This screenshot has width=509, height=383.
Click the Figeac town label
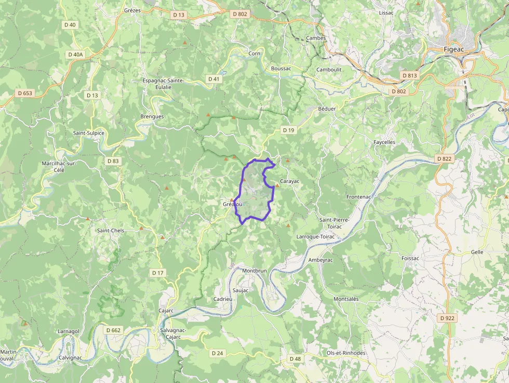pyautogui.click(x=453, y=49)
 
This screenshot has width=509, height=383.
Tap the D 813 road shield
pyautogui.click(x=409, y=75)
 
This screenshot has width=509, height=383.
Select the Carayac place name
pyautogui.click(x=290, y=181)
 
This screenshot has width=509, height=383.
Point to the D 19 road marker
pyautogui.click(x=288, y=130)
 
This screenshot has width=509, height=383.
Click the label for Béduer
pyautogui.click(x=327, y=109)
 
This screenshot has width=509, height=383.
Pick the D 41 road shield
pyautogui.click(x=213, y=79)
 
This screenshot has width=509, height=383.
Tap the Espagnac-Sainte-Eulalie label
pyautogui.click(x=163, y=84)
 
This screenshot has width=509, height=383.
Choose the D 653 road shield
pyautogui.click(x=24, y=94)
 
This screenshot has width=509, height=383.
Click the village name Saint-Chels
pyautogui.click(x=111, y=230)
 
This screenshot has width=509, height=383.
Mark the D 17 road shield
pyautogui.click(x=158, y=273)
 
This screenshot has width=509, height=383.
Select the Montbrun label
pyautogui.click(x=254, y=271)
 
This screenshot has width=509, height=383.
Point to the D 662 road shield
pyautogui.click(x=113, y=330)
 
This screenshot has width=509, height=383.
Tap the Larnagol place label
pyautogui.click(x=68, y=331)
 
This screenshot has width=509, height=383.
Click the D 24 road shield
pyautogui.click(x=217, y=353)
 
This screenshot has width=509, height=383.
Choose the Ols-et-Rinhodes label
pyautogui.click(x=345, y=353)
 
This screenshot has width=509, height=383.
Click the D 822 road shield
pyautogui.click(x=444, y=159)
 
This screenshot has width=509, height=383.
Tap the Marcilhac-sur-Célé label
pyautogui.click(x=59, y=166)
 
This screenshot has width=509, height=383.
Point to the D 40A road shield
pyautogui.click(x=75, y=54)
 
